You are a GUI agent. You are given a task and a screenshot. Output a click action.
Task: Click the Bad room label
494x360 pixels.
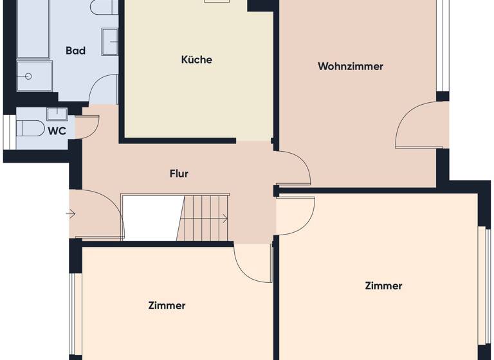(x=75, y=51)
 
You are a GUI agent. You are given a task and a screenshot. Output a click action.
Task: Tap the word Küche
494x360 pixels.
(x=196, y=60)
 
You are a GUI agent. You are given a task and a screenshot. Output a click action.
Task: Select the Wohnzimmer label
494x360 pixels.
(x=350, y=66)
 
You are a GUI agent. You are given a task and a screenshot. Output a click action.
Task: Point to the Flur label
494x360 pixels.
(x=179, y=174)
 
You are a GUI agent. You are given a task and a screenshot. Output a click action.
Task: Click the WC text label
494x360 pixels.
(x=57, y=130)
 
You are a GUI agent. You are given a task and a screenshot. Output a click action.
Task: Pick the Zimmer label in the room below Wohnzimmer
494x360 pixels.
(x=383, y=286)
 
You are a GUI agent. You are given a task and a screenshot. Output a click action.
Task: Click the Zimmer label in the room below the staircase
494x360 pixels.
(x=167, y=306)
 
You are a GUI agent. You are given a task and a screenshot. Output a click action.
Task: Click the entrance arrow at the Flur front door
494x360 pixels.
(x=71, y=214)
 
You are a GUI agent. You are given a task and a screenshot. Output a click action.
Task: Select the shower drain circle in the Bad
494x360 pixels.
(x=29, y=76)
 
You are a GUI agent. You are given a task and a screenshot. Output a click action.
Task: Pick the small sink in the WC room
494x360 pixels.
(x=57, y=114)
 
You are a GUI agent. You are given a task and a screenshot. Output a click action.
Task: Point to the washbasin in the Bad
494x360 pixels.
(x=109, y=42)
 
